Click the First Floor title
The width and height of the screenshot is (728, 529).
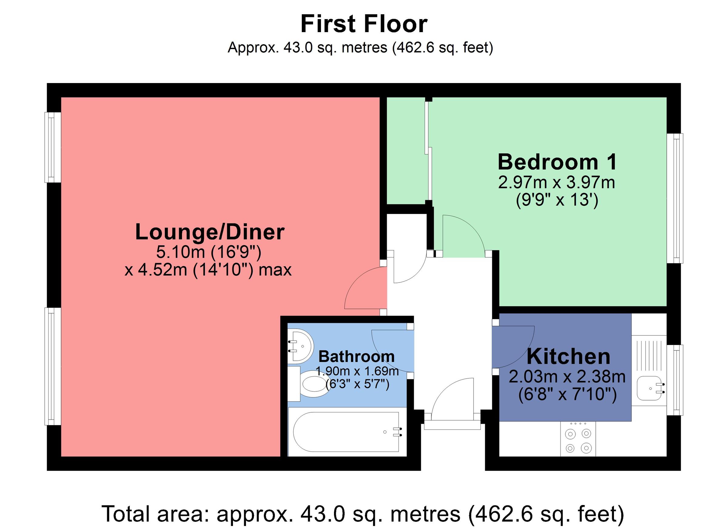point(364,24)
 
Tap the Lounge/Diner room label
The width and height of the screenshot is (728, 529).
point(209,232)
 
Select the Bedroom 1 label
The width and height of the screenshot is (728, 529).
point(557,162)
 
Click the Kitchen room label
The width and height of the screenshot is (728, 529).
point(568,357)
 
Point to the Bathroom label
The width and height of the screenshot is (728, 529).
point(356,357)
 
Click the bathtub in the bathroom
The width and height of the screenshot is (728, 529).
point(346,432)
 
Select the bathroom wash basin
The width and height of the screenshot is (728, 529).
point(300,346)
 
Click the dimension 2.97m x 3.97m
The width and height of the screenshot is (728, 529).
point(557,182)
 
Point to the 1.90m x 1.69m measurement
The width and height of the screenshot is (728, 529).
point(357,371)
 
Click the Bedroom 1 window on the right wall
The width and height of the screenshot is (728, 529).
point(675,198)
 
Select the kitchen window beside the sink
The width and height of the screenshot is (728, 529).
point(675,380)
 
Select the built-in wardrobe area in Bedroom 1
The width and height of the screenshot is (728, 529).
point(406,151)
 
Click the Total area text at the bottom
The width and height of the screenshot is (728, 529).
point(363,514)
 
